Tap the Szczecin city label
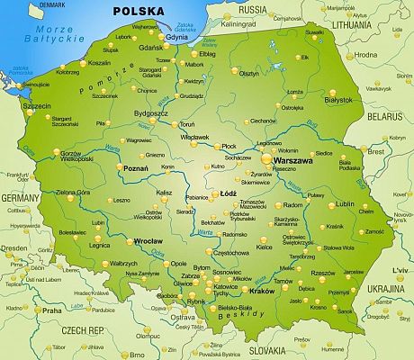(x=36, y=104)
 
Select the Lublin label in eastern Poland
(x=345, y=204)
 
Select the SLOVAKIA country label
(x=267, y=347)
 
